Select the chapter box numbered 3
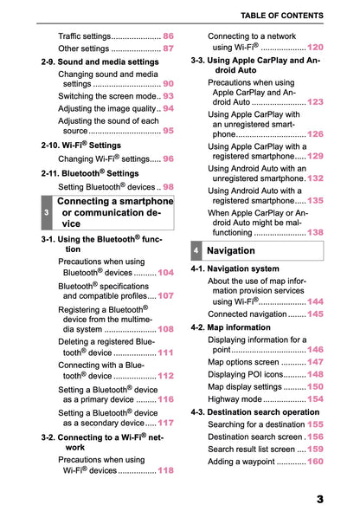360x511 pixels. click(x=46, y=212)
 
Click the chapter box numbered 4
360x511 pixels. click(x=197, y=251)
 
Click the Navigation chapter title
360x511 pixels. click(x=231, y=251)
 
